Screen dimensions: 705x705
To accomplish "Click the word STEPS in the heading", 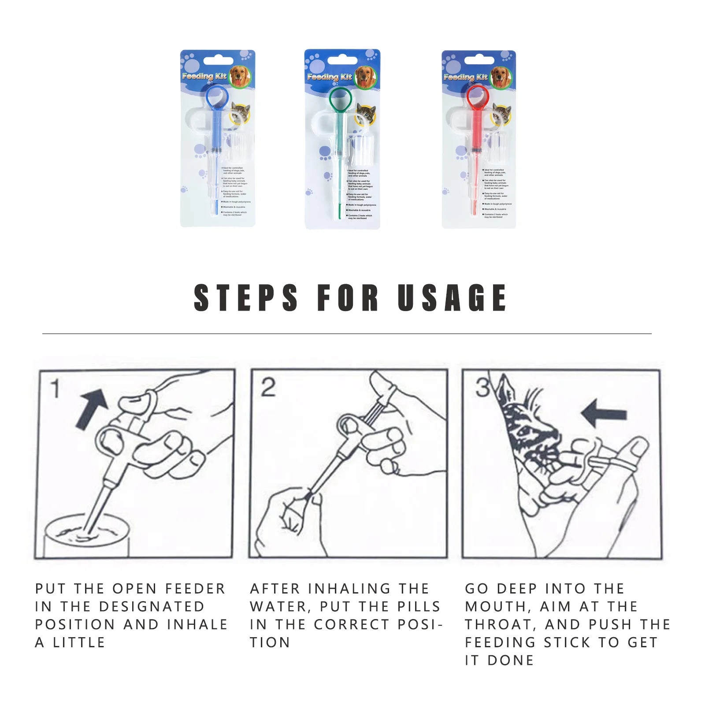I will point(246,298).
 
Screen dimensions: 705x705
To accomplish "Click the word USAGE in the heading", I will point(452,298).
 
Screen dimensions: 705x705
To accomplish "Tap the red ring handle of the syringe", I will point(478,98).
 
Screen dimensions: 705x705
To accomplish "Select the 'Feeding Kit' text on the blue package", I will point(204,76).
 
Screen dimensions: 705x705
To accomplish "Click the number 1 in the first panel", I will point(55,389).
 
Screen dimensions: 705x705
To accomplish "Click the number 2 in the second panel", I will point(268,388).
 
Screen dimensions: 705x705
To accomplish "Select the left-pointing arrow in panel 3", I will point(604,413).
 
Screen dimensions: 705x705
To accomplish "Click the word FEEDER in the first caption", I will point(195,589).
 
